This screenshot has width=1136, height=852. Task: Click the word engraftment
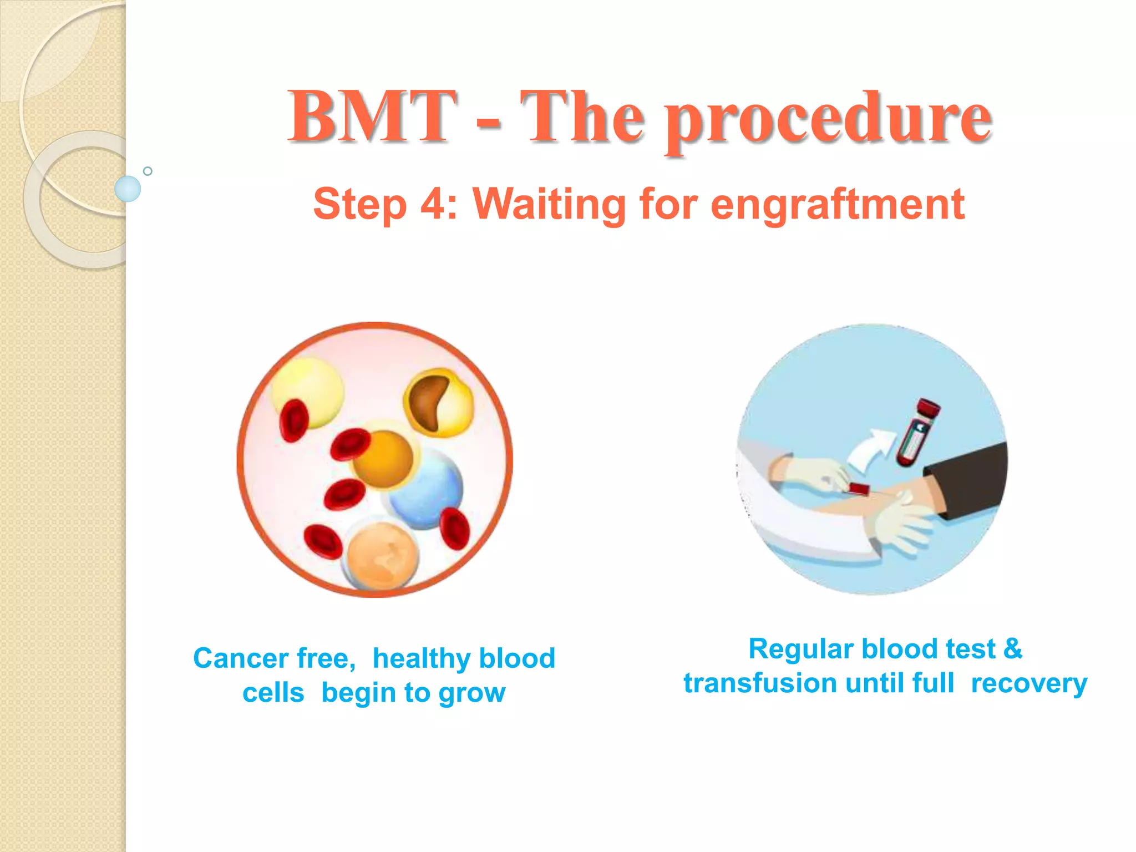[x=837, y=205]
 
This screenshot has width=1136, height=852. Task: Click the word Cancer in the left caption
[x=240, y=658]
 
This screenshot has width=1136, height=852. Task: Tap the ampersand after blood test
[x=1012, y=648]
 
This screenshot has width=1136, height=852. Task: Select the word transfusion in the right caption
[x=759, y=683]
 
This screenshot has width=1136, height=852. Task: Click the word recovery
[x=1029, y=684]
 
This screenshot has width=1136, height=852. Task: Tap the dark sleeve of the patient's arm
[x=971, y=480]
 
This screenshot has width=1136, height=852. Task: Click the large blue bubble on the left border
[x=128, y=189]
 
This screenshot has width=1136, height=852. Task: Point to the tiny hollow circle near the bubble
[x=148, y=171]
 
